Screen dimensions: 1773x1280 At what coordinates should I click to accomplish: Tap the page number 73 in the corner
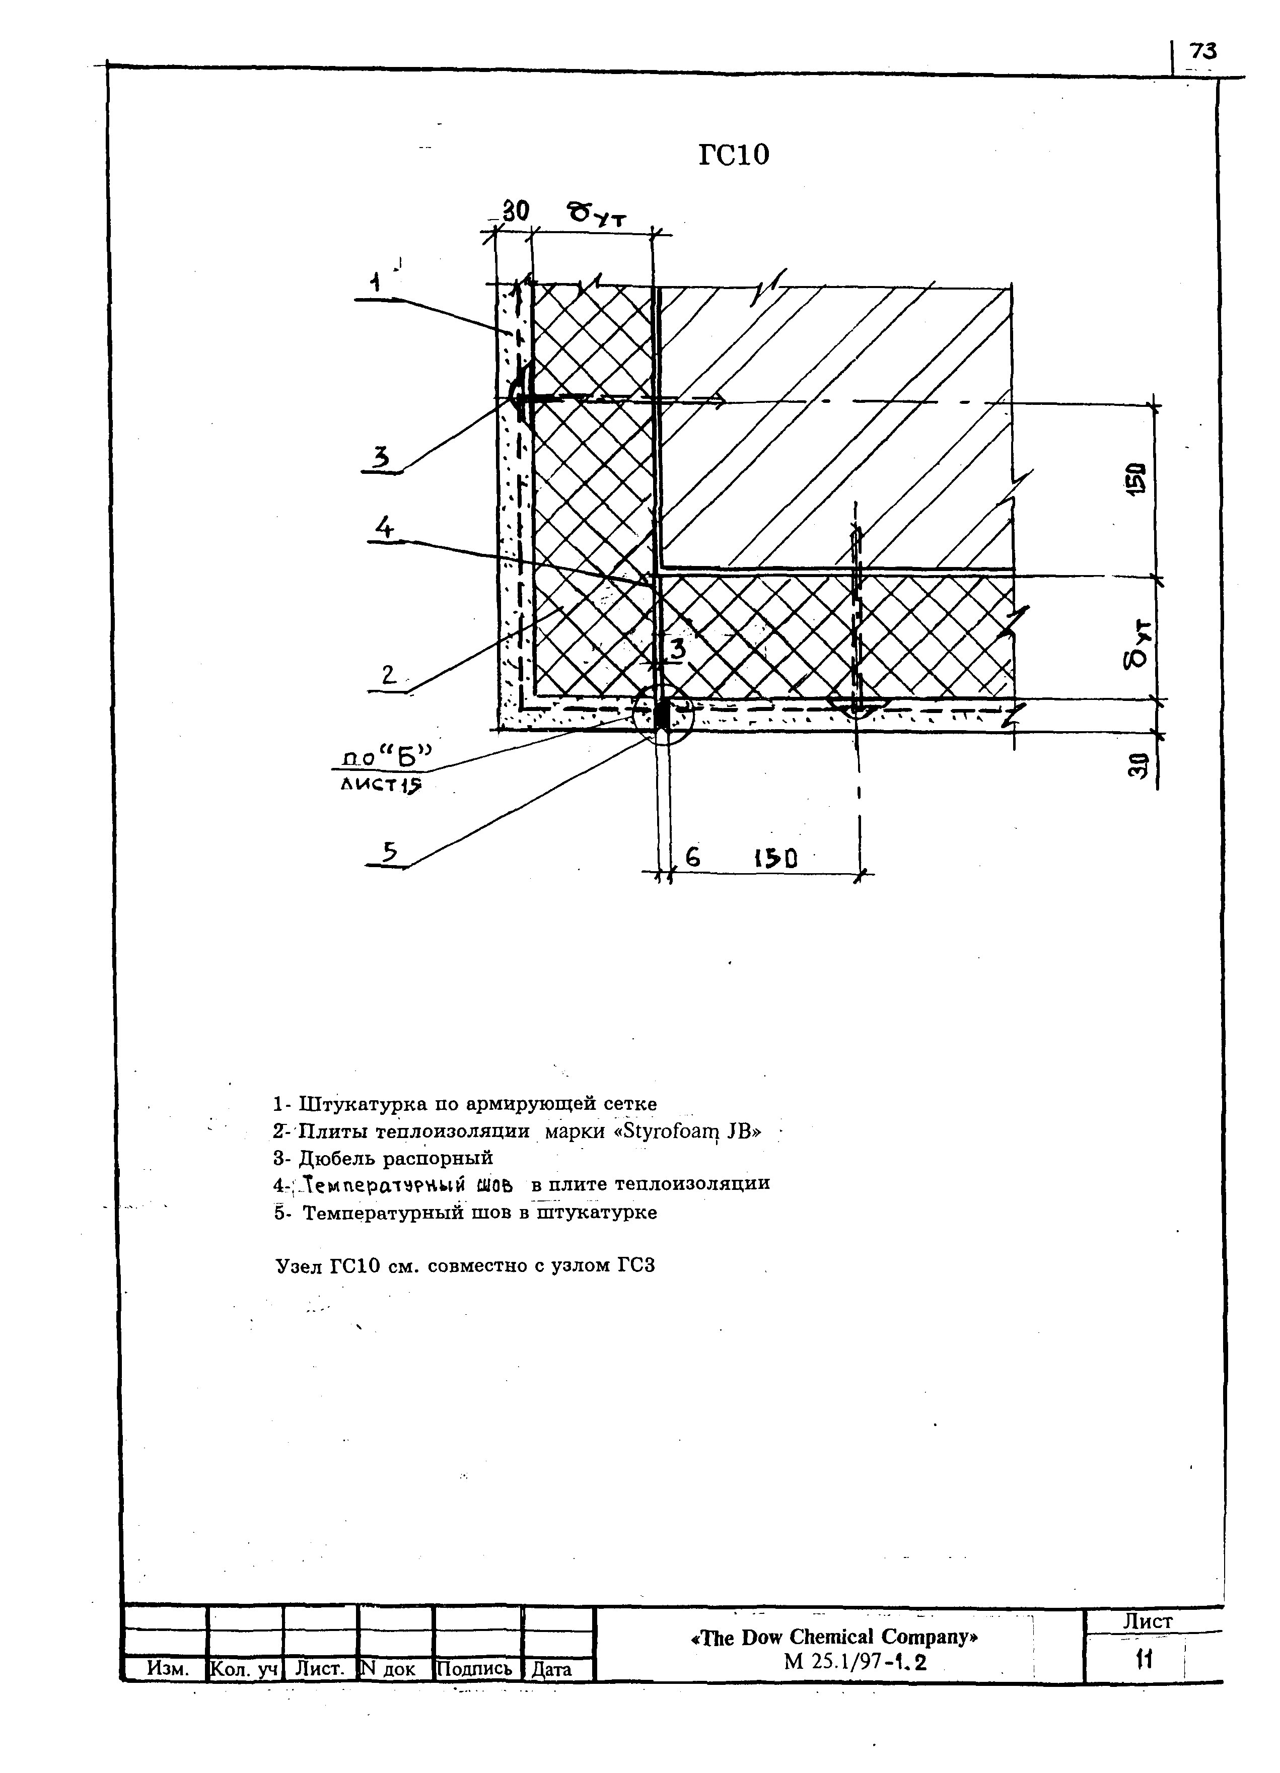point(1202,51)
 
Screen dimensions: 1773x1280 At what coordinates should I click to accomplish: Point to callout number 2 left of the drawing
point(389,675)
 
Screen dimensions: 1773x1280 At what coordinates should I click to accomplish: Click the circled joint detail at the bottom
point(662,715)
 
